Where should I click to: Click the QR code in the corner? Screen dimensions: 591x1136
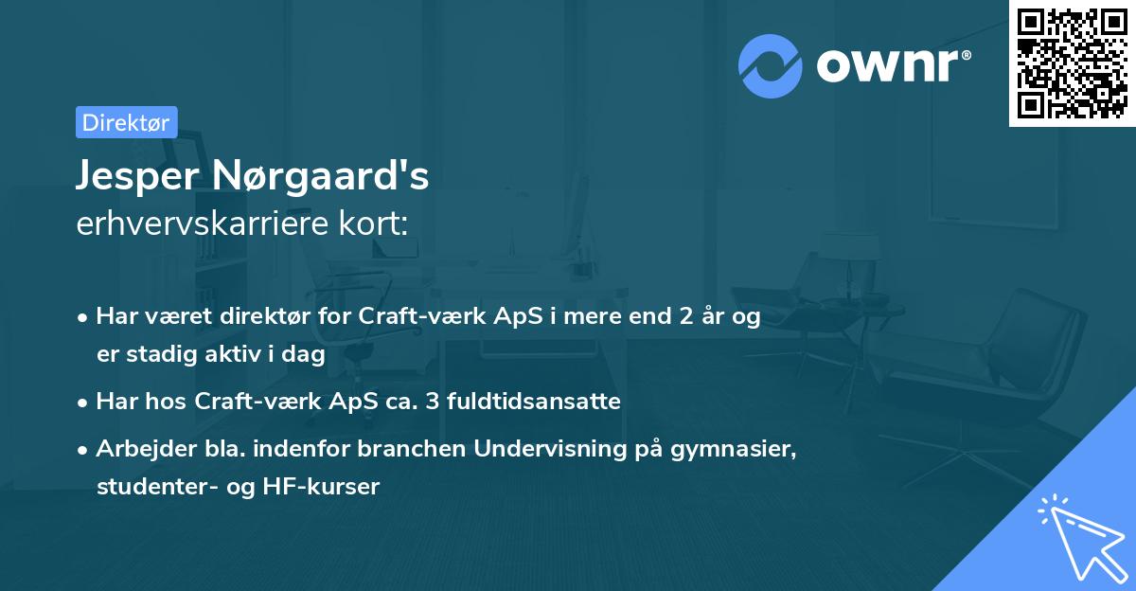coord(1072,63)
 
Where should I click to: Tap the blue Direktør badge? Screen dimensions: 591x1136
coord(126,122)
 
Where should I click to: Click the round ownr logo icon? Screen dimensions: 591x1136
coord(771,65)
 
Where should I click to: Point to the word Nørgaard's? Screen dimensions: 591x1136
coord(321,177)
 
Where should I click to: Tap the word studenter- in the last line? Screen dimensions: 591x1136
coord(153,487)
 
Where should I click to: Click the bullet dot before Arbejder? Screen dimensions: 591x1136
coord(84,450)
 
